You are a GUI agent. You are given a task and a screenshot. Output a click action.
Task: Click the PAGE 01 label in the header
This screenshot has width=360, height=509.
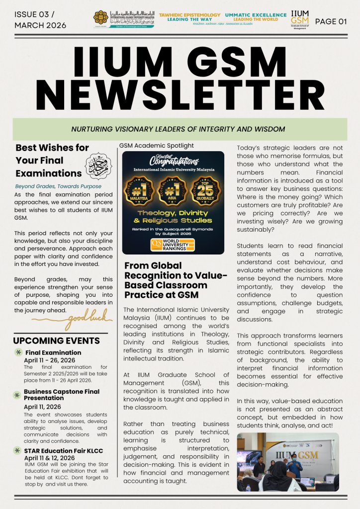point(331,21)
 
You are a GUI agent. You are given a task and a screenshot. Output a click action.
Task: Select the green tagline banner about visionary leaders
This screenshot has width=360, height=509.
point(180,129)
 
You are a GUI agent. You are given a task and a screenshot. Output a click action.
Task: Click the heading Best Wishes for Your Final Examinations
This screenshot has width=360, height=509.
point(48,161)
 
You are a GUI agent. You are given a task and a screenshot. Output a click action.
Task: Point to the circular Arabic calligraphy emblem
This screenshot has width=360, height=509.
point(97,166)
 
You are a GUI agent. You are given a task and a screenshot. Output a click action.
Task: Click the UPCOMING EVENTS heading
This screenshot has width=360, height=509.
point(56,341)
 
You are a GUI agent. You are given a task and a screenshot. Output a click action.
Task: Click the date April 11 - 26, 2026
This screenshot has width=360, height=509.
point(49,360)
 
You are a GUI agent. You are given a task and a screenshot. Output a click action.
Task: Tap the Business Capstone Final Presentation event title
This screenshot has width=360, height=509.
point(62,395)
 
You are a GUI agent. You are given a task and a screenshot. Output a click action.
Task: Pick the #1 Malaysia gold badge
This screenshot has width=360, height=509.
point(141,190)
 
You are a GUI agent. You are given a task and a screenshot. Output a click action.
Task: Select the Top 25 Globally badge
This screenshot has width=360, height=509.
point(205,190)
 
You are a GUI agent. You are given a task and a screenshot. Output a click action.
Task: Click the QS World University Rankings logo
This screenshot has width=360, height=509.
point(173,244)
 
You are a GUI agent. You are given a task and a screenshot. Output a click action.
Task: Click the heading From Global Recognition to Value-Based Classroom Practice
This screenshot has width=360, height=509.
point(176,280)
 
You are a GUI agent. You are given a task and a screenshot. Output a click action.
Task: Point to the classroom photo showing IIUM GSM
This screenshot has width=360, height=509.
point(287,462)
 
